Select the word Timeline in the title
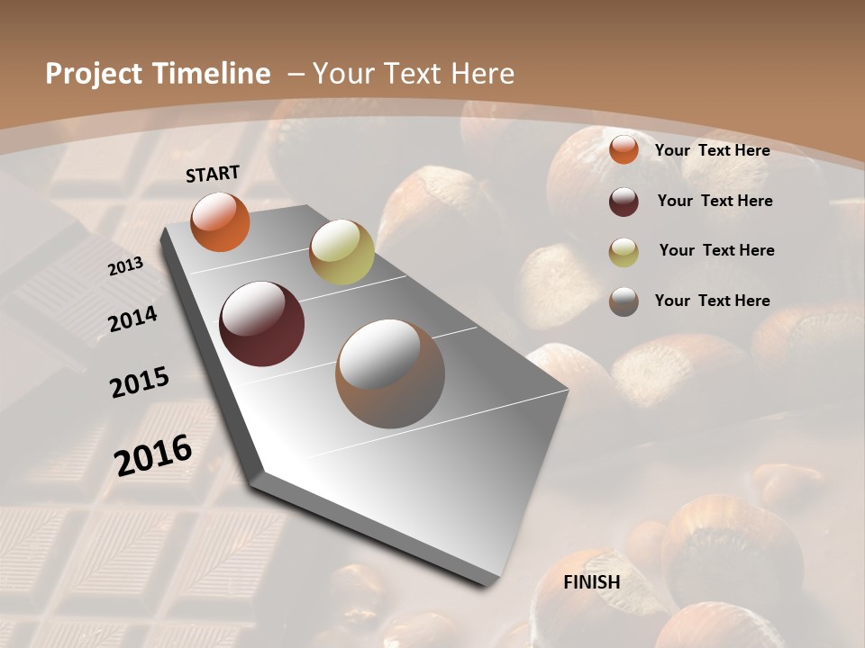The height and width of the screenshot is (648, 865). [x=213, y=74]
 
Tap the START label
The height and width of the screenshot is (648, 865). [x=213, y=174]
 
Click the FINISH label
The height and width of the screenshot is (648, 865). [x=591, y=582]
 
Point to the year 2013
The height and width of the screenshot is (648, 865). [x=126, y=266]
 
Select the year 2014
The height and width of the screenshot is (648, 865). [x=133, y=319]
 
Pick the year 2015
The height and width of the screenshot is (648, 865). [x=140, y=382]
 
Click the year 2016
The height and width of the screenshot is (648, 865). [x=153, y=455]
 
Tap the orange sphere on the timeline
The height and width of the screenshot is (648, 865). [x=220, y=221]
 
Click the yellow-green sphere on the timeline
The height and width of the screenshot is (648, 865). [x=341, y=252]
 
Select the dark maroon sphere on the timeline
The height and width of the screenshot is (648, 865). [x=262, y=324]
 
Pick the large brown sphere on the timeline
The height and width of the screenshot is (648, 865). [x=390, y=373]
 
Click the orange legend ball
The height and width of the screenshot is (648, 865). [x=624, y=150]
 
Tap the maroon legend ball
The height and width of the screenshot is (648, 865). [x=624, y=202]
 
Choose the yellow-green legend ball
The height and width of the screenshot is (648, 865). [x=624, y=252]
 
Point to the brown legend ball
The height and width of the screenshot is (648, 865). [x=624, y=301]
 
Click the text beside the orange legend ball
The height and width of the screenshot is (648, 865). [x=712, y=150]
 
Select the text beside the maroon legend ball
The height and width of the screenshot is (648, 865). [x=715, y=201]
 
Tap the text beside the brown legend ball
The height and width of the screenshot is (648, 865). [x=712, y=301]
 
